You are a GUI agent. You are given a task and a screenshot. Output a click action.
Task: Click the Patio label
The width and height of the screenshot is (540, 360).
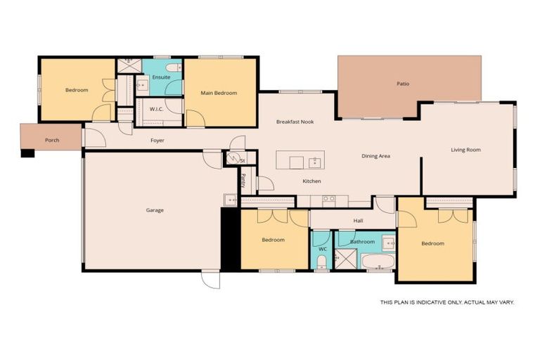[403, 84]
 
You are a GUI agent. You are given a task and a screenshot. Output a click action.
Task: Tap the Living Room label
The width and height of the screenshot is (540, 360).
[465, 150]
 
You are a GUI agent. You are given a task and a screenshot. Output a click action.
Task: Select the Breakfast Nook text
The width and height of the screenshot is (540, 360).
[295, 122]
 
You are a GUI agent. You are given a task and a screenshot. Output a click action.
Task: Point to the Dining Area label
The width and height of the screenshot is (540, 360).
[375, 156]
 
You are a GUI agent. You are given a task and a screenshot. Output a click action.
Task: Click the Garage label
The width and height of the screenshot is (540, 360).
[155, 210]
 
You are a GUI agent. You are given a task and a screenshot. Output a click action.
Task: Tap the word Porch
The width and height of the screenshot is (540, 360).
[52, 140]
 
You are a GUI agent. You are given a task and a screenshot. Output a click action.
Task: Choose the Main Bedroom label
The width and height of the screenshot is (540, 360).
[219, 93]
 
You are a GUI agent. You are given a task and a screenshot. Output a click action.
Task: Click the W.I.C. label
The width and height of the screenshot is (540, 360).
[157, 109]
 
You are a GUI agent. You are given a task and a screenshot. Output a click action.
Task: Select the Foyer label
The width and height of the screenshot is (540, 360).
[157, 141]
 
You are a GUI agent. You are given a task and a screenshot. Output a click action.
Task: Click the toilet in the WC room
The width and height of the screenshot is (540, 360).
[321, 262]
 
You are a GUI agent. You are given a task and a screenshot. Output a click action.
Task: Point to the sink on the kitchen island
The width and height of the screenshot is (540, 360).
[314, 163]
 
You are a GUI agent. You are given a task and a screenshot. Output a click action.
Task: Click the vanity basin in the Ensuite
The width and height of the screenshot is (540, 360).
[141, 86]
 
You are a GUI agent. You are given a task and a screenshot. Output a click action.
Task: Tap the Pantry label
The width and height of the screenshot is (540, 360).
[243, 181]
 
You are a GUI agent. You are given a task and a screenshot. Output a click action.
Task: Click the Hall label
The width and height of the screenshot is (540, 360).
[359, 221]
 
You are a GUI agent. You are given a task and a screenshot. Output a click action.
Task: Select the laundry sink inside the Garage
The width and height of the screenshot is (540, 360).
[230, 200]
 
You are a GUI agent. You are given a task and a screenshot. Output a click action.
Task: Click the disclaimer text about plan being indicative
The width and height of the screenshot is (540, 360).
[447, 302]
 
